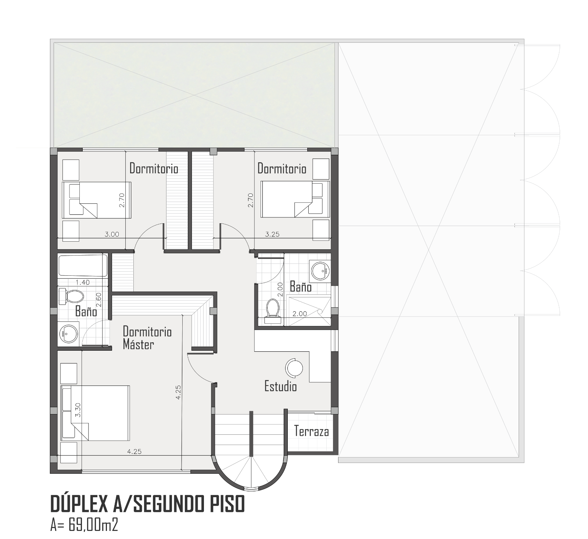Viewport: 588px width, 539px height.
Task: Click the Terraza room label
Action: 311,431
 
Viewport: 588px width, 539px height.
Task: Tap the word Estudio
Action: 281,386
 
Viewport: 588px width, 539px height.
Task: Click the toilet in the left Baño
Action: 71,296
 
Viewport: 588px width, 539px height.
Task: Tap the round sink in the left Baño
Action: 69,333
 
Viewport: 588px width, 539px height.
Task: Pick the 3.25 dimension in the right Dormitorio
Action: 272,234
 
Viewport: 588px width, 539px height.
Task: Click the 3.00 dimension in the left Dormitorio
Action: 112,234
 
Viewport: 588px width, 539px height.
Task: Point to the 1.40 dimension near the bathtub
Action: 83,282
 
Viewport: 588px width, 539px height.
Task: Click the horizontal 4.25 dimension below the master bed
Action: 134,452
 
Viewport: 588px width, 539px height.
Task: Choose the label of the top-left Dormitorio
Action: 154,169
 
